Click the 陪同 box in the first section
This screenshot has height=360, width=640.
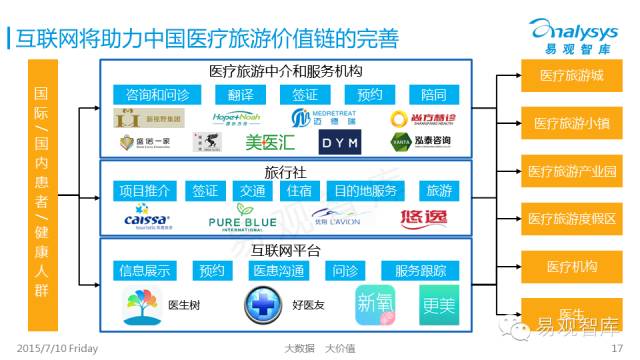point(434,95)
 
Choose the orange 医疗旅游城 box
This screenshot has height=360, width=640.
point(572,76)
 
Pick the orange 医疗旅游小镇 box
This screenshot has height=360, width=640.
point(572,124)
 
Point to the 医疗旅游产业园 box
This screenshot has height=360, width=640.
point(572,171)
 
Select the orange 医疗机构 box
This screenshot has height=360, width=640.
point(572,267)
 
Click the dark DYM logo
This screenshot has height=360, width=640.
point(351,143)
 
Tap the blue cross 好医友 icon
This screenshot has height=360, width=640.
point(263,303)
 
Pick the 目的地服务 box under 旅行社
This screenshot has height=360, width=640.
point(366,191)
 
